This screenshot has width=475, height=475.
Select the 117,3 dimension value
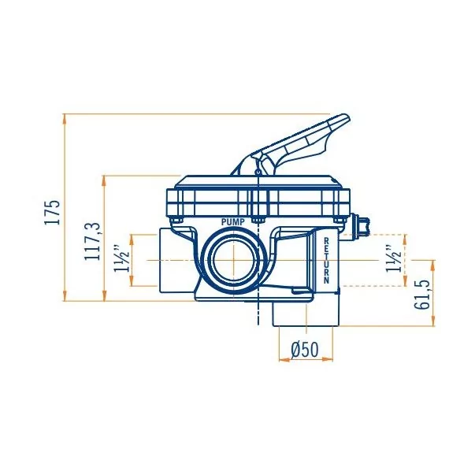93,240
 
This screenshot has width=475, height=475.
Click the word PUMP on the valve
233,223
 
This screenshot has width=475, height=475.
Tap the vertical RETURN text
325,261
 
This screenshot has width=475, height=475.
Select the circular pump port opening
233,261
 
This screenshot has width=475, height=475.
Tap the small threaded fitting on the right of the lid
360,225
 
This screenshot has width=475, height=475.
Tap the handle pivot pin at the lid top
258,166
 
